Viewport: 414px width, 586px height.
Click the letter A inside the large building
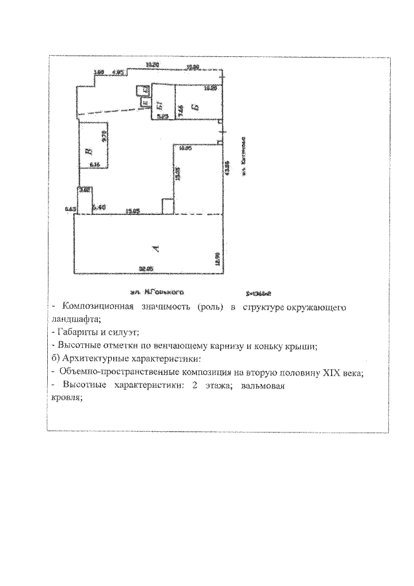click(153, 248)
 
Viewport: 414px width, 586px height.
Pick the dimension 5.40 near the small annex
click(98, 207)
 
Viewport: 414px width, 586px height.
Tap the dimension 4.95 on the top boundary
click(118, 73)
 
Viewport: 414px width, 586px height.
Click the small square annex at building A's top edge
click(166, 206)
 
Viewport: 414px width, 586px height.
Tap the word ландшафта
click(74, 319)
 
